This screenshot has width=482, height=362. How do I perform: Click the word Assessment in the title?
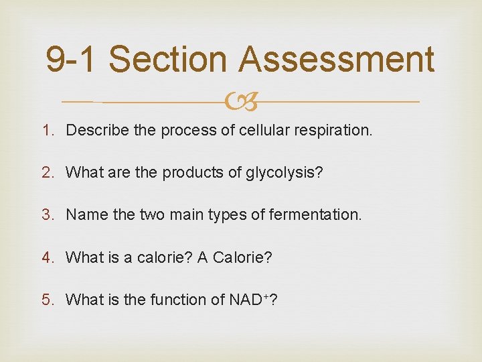337,59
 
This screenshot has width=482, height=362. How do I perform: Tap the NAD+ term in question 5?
249,300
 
